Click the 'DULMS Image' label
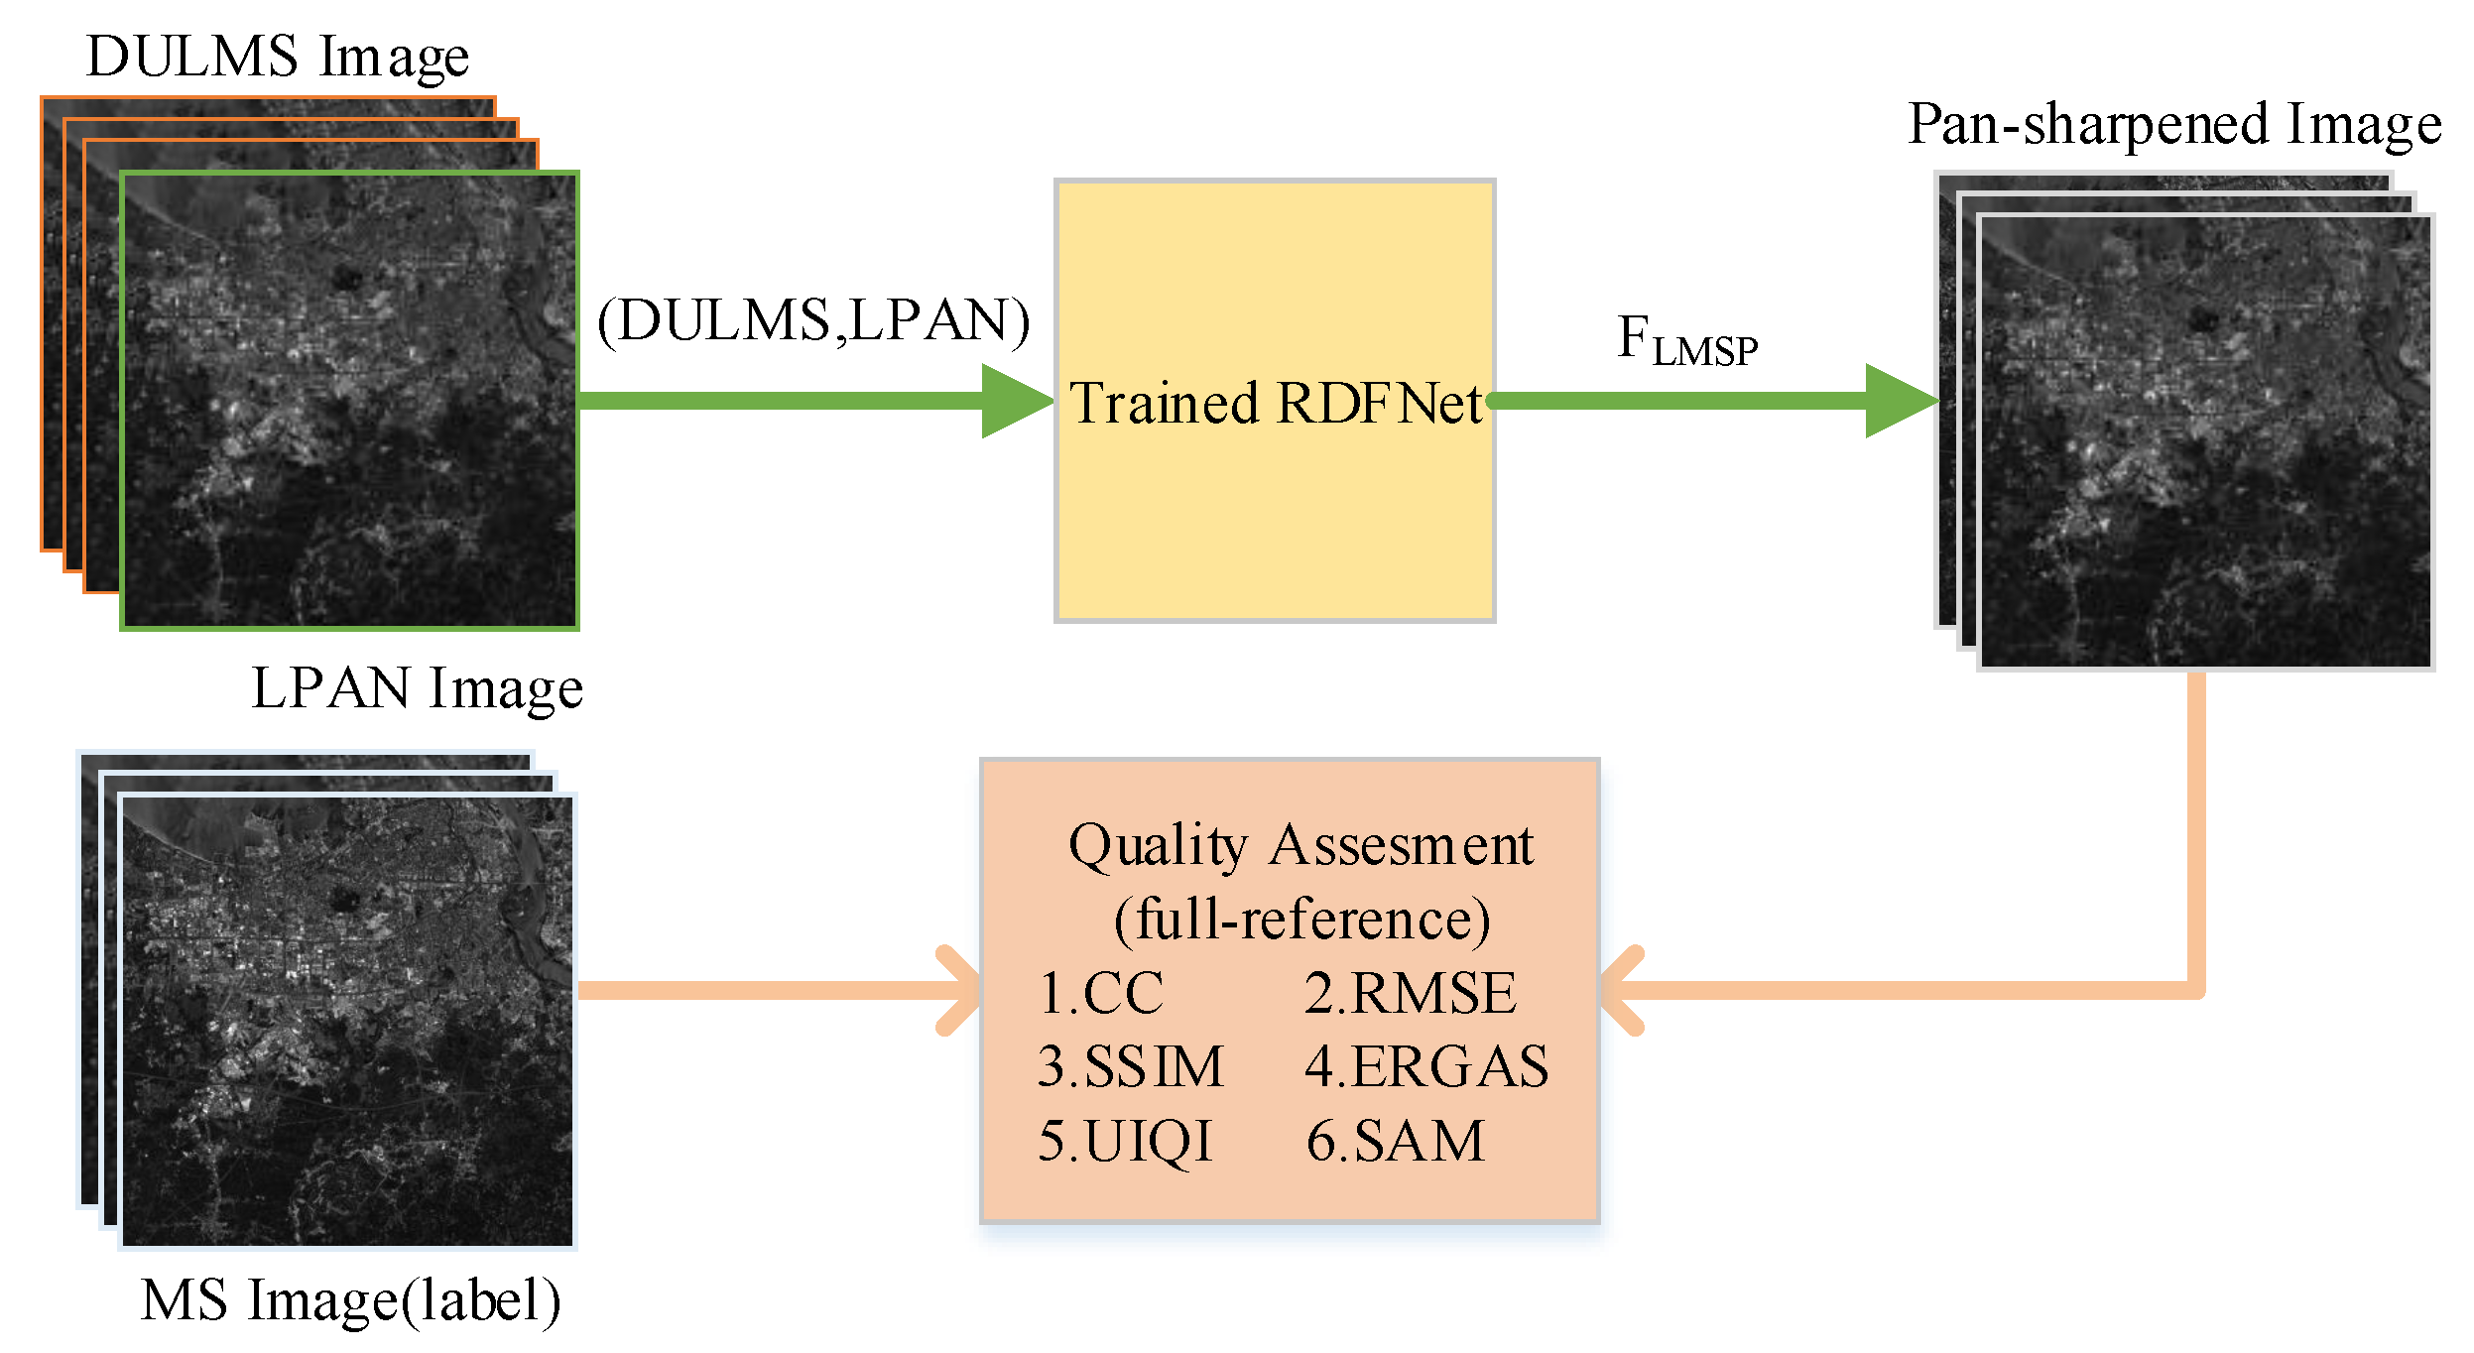[x=278, y=57]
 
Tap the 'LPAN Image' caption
[x=417, y=688]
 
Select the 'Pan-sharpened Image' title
[x=2174, y=125]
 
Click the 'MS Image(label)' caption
[x=351, y=1300]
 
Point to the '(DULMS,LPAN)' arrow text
[x=813, y=321]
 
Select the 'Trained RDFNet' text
[x=1276, y=404]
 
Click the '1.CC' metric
[x=1101, y=993]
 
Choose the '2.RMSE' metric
[x=1410, y=993]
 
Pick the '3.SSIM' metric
[x=1130, y=1067]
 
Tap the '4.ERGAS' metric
[x=1425, y=1067]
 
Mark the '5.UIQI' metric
[x=1125, y=1141]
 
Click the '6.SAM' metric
[x=1395, y=1141]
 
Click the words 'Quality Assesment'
[x=1300, y=846]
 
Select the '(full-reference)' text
[x=1301, y=920]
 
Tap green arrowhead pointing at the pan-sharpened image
[x=1897, y=401]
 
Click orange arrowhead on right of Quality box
[x=1623, y=991]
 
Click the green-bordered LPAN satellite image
[x=349, y=401]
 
